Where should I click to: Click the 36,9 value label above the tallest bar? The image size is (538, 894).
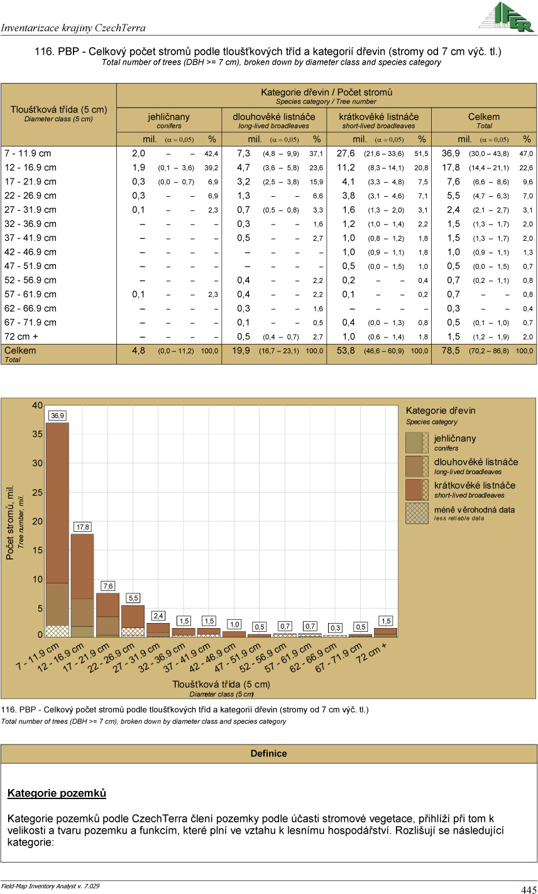coord(58,416)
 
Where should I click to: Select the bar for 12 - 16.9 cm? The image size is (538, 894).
coord(83,585)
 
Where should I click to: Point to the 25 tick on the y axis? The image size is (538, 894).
coord(38,492)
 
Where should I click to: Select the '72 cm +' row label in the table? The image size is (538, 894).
coord(22,336)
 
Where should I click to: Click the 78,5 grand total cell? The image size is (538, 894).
coord(451,351)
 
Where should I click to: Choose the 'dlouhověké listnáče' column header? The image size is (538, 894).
coord(274,117)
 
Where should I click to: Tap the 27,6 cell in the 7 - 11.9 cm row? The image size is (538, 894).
coord(346,153)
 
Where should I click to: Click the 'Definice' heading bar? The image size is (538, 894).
coord(269,753)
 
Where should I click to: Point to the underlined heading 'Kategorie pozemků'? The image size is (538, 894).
coord(57,793)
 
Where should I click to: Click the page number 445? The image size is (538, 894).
coord(528,889)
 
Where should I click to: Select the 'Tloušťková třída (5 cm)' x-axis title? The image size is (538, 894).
coord(221,684)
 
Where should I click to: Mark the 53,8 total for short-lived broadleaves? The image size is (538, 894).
coord(346,351)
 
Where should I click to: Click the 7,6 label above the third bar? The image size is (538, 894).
coord(108,586)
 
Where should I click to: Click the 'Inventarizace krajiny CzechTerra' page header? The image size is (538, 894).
coord(74,28)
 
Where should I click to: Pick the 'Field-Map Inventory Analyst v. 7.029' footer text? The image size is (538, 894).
coord(50,885)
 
